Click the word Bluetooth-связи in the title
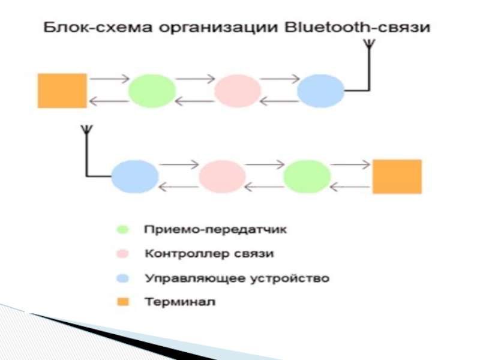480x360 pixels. pyautogui.click(x=357, y=27)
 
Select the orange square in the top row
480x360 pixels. pyautogui.click(x=62, y=91)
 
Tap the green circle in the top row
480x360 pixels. pyautogui.click(x=152, y=91)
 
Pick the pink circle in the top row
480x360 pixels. pyautogui.click(x=238, y=91)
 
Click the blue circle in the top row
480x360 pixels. pyautogui.click(x=321, y=91)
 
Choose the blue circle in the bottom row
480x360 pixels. pyautogui.click(x=135, y=176)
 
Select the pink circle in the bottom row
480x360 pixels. pyautogui.click(x=222, y=176)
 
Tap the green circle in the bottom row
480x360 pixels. pyautogui.click(x=307, y=176)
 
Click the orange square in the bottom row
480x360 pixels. pyautogui.click(x=397, y=176)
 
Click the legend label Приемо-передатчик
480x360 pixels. pyautogui.click(x=215, y=230)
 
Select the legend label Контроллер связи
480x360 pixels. pyautogui.click(x=209, y=254)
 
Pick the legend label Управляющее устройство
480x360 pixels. pyautogui.click(x=237, y=278)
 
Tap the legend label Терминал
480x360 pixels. pyautogui.click(x=180, y=302)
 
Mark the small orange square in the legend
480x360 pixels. pyautogui.click(x=123, y=302)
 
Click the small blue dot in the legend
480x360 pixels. pyautogui.click(x=123, y=278)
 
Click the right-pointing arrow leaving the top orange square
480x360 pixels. pyautogui.click(x=109, y=79)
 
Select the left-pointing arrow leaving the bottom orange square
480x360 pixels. pyautogui.click(x=350, y=187)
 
